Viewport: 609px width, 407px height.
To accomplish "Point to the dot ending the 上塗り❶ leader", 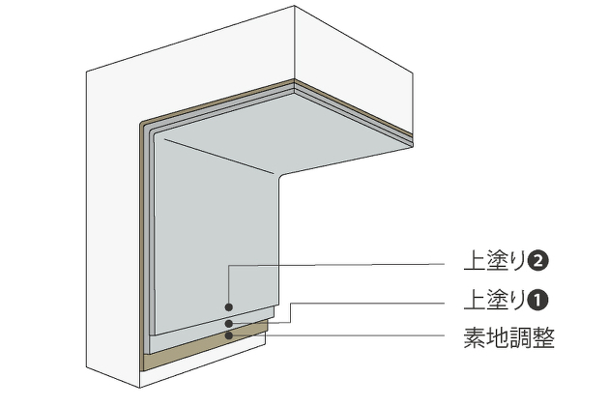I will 228,323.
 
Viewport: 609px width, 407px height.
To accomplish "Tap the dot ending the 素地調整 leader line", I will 228,335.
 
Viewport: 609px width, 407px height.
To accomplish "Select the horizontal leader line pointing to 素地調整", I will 348,335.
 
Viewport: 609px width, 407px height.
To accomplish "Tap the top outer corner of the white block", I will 294,8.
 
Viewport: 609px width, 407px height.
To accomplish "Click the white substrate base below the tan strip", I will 193,373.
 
